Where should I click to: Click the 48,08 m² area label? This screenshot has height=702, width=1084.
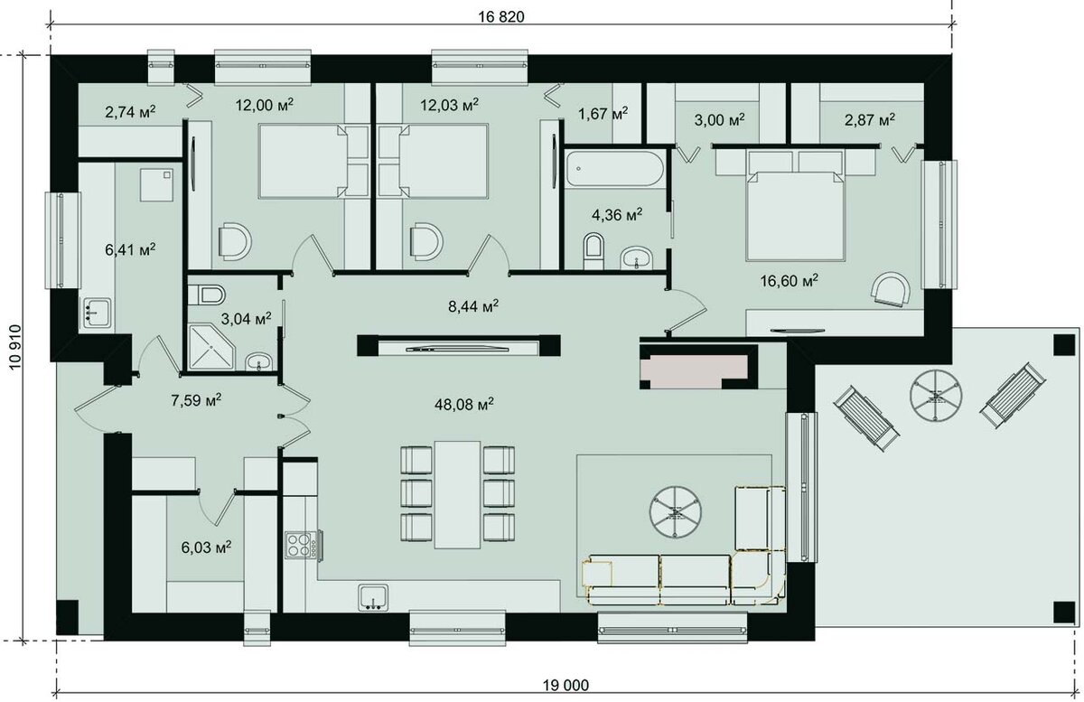tap(464, 404)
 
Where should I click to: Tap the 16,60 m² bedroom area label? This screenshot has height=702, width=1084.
tap(790, 280)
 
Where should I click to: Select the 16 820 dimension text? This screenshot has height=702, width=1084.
tap(501, 17)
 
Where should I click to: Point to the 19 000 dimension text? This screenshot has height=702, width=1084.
tap(565, 686)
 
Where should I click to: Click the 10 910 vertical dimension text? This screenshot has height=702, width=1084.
tap(15, 347)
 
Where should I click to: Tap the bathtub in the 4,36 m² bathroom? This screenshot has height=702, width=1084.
tap(614, 168)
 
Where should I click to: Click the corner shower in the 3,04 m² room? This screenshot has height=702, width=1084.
tap(211, 347)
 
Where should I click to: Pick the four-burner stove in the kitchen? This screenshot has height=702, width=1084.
tap(303, 545)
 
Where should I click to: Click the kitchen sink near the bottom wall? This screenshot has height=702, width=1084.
tap(374, 597)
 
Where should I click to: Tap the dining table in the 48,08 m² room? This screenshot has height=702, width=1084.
tap(457, 494)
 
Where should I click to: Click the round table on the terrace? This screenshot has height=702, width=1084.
tap(936, 394)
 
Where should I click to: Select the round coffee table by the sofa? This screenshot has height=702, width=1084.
tap(676, 511)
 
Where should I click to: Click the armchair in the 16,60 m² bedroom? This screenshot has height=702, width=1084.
tap(891, 289)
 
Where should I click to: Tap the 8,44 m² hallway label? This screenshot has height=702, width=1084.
tap(473, 306)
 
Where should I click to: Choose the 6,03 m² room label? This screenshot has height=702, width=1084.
tap(206, 548)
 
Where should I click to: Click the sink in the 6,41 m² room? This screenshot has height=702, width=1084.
tap(98, 313)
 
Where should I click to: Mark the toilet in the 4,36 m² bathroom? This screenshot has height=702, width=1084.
tap(593, 250)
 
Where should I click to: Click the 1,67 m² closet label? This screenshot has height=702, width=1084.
tap(603, 114)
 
